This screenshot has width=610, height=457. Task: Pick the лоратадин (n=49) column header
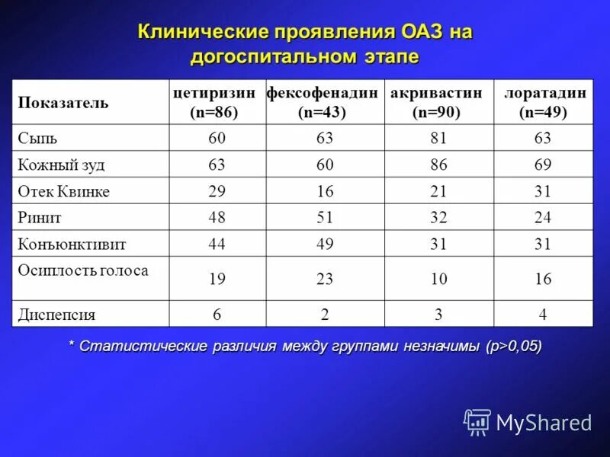544,102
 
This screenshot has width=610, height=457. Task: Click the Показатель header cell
63,103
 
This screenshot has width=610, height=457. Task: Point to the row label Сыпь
37,139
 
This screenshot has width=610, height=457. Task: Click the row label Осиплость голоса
83,270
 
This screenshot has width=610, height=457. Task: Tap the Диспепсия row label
57,314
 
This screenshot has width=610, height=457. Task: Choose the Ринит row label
40,218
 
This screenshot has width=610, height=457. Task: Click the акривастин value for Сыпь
438,139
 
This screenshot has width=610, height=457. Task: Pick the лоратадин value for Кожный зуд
543,165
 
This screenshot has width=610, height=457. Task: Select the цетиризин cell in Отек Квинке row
217,191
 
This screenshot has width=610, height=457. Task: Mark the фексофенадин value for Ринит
325,218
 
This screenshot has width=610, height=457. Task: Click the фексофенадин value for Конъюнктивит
325,244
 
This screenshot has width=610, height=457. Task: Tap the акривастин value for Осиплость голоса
438,280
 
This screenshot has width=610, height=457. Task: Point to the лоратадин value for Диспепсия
543,314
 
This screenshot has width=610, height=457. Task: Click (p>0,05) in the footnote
514,347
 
